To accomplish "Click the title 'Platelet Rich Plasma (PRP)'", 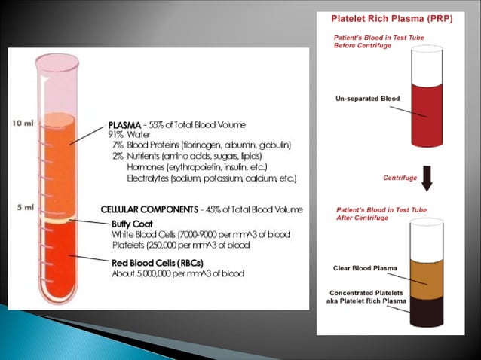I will (x=394, y=20).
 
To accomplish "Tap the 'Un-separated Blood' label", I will (x=367, y=99).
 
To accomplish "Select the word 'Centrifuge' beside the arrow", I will (x=400, y=178).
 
